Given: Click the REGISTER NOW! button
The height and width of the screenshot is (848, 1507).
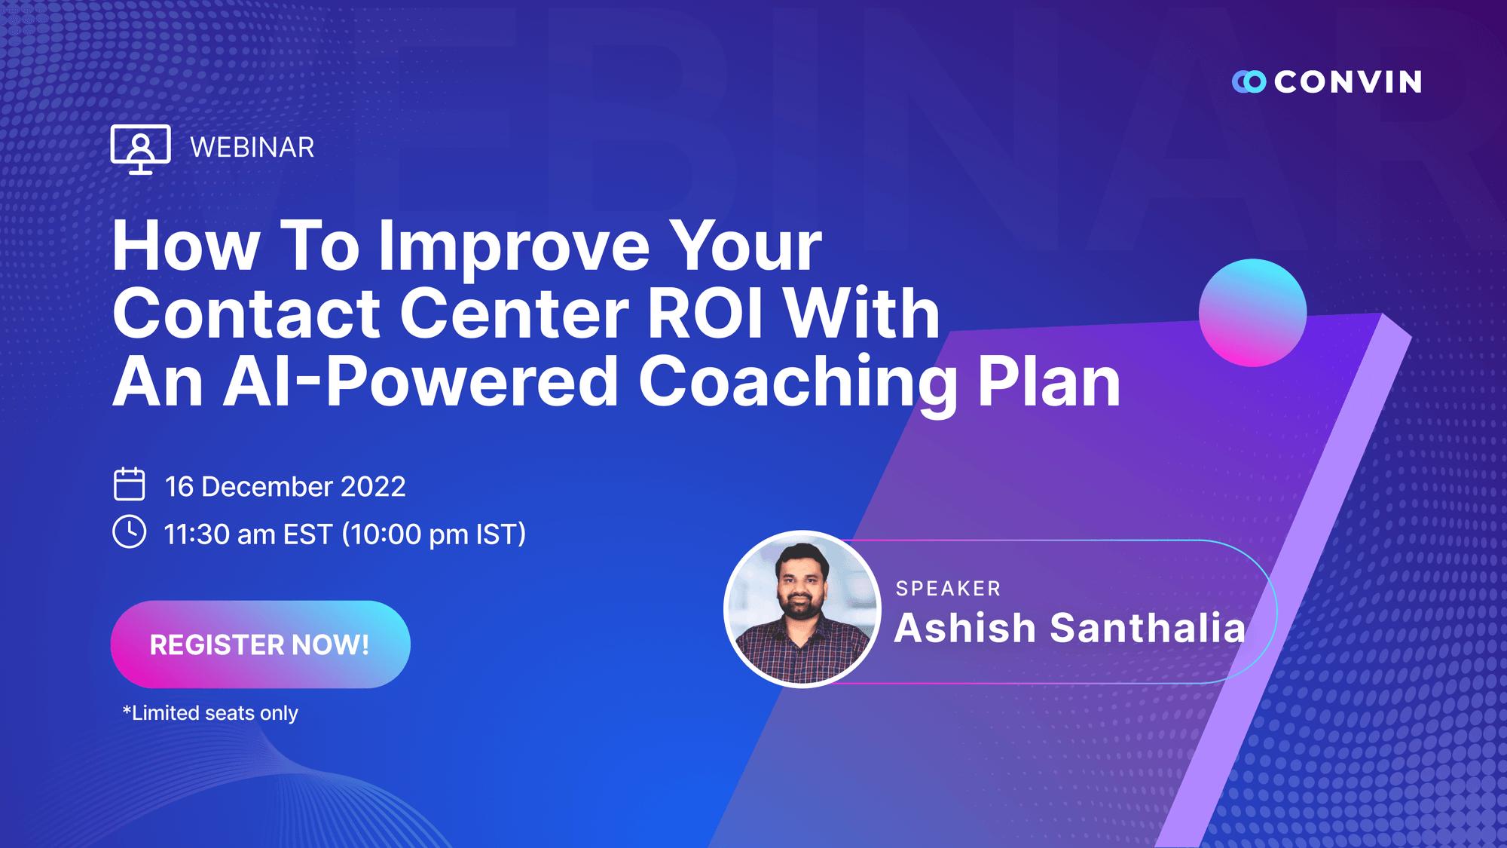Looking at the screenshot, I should [x=260, y=644].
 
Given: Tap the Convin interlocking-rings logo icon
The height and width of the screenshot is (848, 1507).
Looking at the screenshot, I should [x=1249, y=81].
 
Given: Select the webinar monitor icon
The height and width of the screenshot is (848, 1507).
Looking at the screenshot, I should [x=140, y=148].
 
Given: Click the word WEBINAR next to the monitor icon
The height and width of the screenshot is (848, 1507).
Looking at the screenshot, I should [x=252, y=148].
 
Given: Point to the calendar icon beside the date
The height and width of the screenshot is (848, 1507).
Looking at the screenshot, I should [x=129, y=485].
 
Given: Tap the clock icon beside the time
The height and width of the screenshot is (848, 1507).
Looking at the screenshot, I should [x=129, y=532].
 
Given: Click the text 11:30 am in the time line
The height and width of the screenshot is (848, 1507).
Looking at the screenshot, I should [x=219, y=534].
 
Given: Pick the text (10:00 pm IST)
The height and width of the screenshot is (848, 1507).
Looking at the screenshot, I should [x=433, y=534].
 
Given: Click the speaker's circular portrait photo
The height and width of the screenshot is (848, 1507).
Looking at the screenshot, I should [x=802, y=609].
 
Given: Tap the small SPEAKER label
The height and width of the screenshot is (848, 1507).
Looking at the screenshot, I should [x=948, y=589].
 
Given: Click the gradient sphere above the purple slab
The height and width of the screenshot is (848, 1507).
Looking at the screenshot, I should [x=1252, y=313].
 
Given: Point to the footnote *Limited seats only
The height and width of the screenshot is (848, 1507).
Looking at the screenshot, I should [x=210, y=713].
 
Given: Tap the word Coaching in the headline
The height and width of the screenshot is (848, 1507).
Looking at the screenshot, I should [x=797, y=381].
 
